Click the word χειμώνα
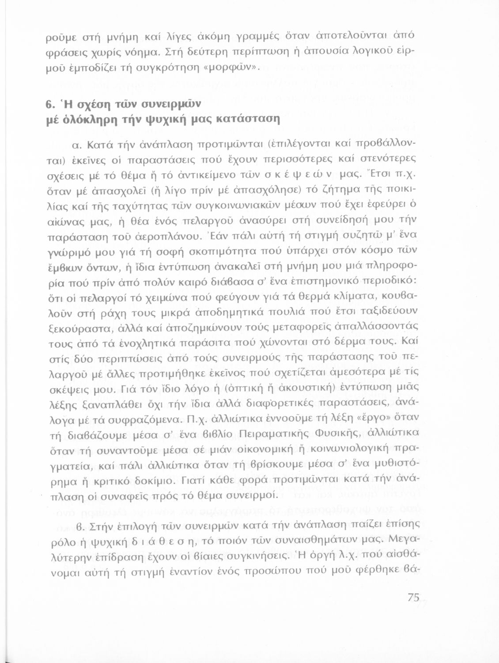[164, 295]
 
